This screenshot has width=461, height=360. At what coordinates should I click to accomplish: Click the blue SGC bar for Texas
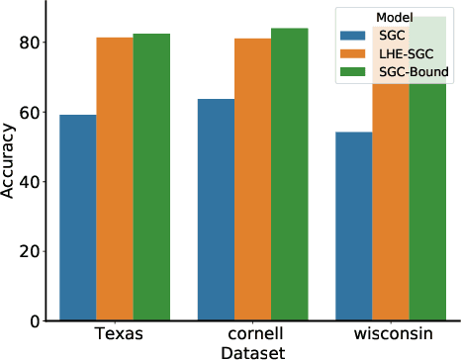point(77,218)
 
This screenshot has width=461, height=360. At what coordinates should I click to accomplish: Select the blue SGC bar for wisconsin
point(353,226)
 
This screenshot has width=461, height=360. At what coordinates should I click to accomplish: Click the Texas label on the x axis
point(115,334)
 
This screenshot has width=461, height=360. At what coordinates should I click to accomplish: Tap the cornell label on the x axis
point(253,334)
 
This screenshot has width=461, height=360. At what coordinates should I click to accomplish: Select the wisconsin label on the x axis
point(391,334)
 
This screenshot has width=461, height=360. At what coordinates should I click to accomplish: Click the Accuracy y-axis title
point(9,161)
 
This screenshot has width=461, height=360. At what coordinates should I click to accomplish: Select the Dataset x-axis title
point(252,351)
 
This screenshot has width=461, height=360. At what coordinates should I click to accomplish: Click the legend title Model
point(394,15)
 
